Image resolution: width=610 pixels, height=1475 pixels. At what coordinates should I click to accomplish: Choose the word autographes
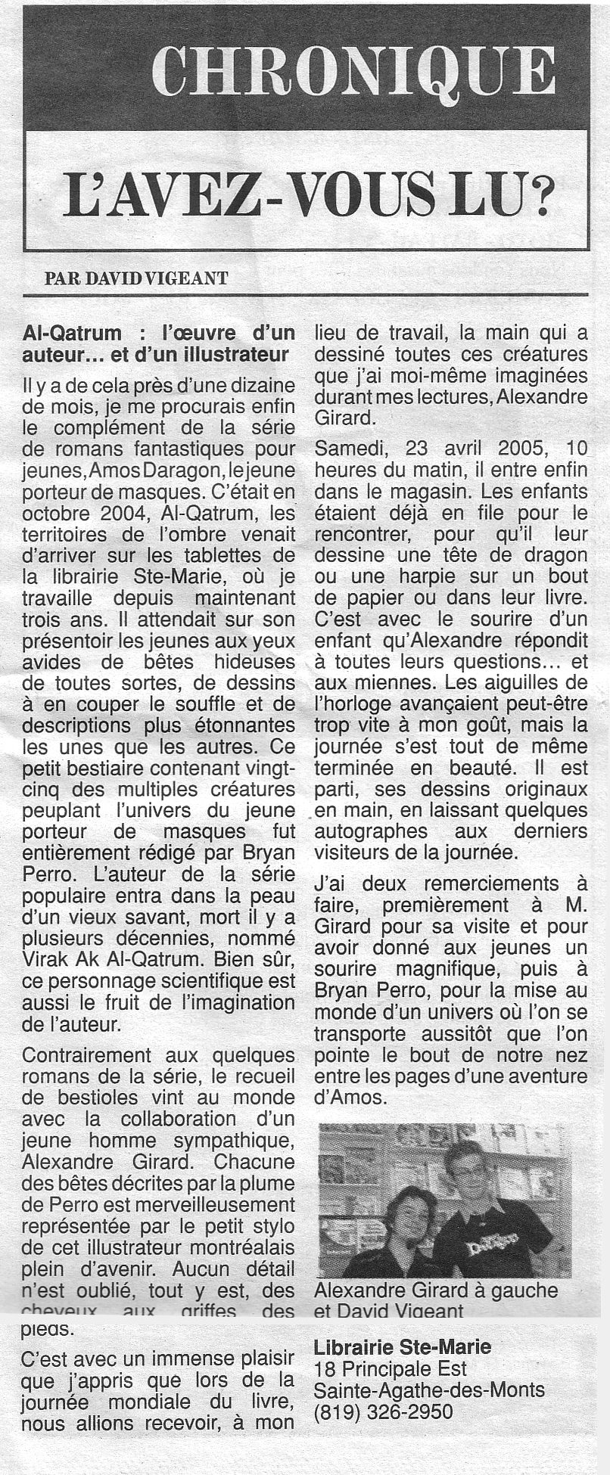coord(370,831)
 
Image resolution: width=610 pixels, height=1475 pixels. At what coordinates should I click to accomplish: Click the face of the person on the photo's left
coord(409,1213)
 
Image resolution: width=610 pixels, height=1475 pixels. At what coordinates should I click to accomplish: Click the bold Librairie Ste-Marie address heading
coord(402,1347)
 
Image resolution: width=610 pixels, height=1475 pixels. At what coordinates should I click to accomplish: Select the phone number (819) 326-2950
coord(383,1411)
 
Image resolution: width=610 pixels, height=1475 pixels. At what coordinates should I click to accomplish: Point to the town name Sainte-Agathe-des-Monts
coord(429,1390)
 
